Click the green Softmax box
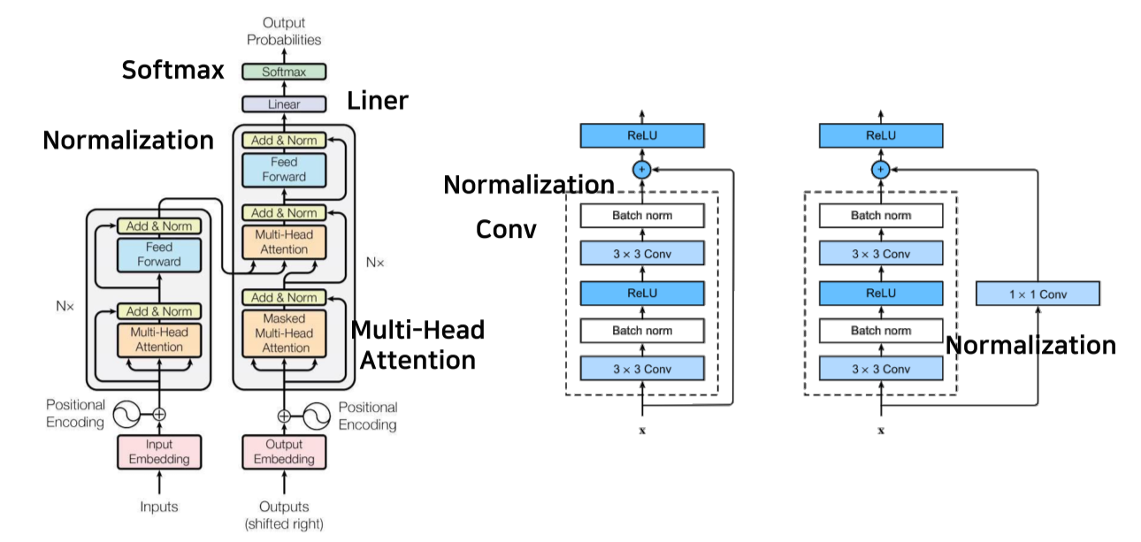[x=283, y=72]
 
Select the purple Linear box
[x=283, y=104]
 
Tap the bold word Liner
[x=378, y=101]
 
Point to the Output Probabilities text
[x=284, y=31]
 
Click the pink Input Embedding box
[x=159, y=452]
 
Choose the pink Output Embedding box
[x=284, y=452]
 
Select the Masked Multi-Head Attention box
[x=284, y=332]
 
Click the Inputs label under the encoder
[x=159, y=507]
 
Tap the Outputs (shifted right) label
[x=284, y=515]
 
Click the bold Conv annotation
[x=506, y=229]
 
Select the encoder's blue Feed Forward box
[x=159, y=255]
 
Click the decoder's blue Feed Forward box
[x=284, y=170]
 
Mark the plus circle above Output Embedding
[x=284, y=415]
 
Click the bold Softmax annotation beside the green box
[x=173, y=70]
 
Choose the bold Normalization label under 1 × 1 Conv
[x=1030, y=345]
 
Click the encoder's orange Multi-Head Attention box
[x=159, y=340]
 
